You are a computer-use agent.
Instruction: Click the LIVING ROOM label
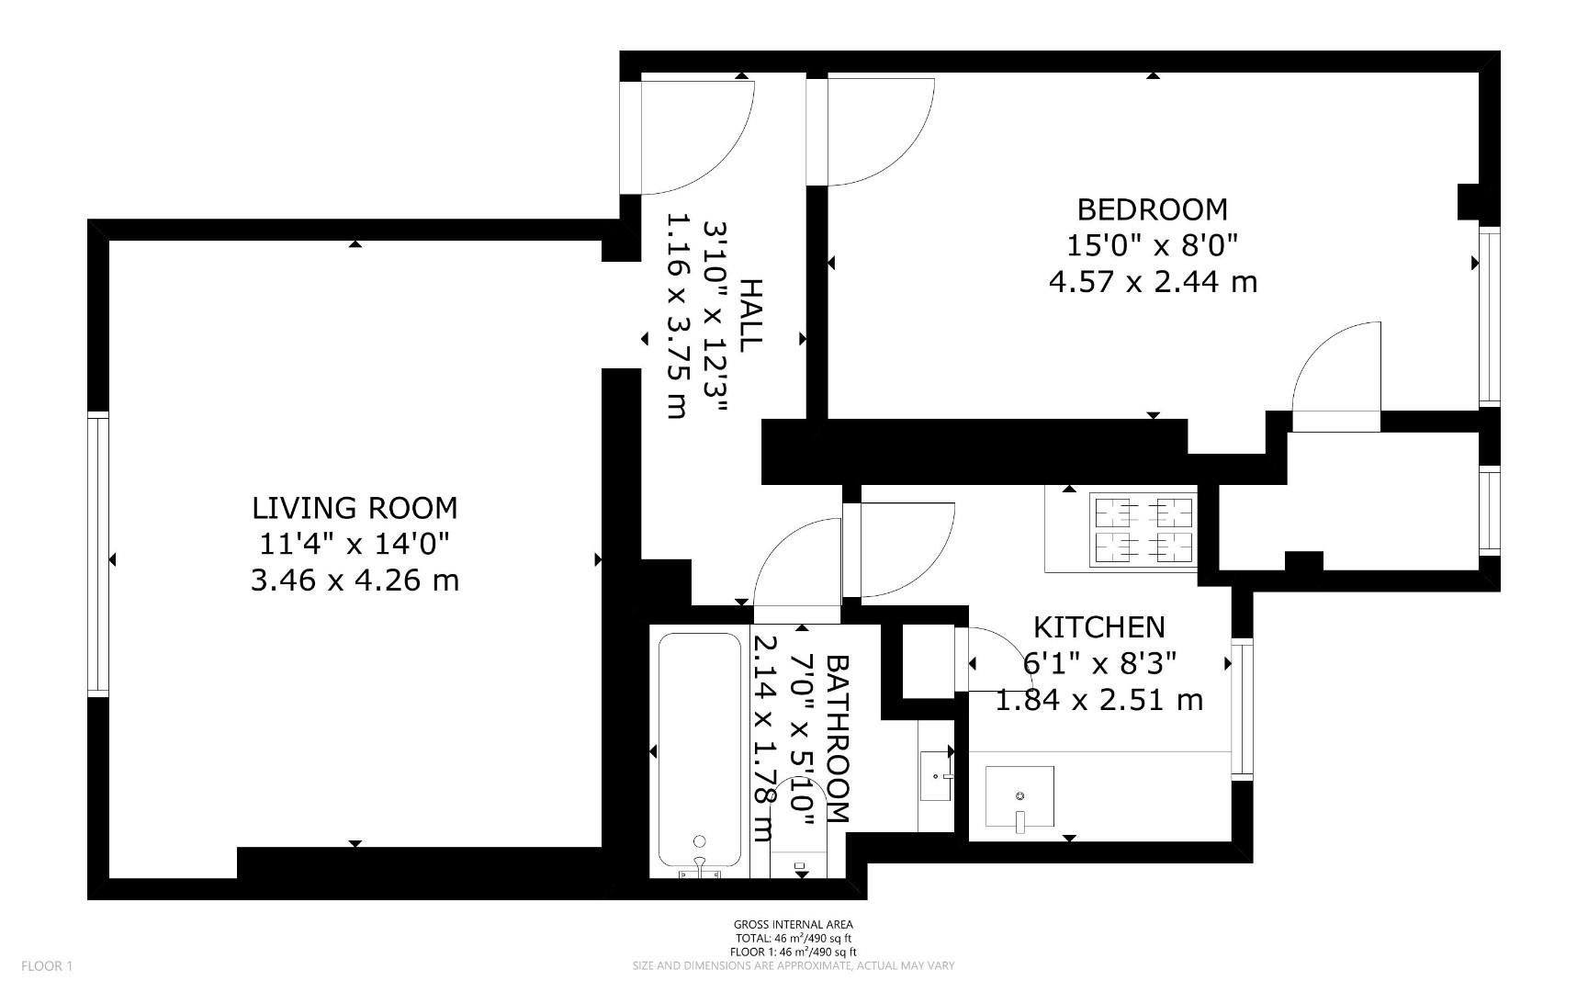pyautogui.click(x=355, y=508)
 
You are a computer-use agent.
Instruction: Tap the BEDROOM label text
pyautogui.click(x=1152, y=209)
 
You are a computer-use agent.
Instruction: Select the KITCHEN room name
pyautogui.click(x=1098, y=627)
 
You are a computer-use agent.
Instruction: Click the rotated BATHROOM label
pyautogui.click(x=838, y=738)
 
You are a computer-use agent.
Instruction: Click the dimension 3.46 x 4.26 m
pyautogui.click(x=355, y=581)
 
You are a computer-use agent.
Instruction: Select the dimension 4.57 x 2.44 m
pyautogui.click(x=1152, y=281)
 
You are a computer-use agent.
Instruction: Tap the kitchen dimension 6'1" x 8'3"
pyautogui.click(x=1098, y=663)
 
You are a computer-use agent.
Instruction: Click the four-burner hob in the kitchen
pyautogui.click(x=1143, y=529)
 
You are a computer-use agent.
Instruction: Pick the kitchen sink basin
pyautogui.click(x=1019, y=796)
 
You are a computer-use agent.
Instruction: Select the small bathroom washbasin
pyautogui.click(x=936, y=776)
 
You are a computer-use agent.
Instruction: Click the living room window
pyautogui.click(x=98, y=555)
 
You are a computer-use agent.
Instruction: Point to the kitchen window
pyautogui.click(x=1242, y=707)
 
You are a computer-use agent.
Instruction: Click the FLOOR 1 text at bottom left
pyautogui.click(x=46, y=965)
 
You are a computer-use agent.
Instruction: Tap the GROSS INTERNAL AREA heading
pyautogui.click(x=793, y=925)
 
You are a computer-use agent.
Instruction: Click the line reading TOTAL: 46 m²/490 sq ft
pyautogui.click(x=793, y=939)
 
